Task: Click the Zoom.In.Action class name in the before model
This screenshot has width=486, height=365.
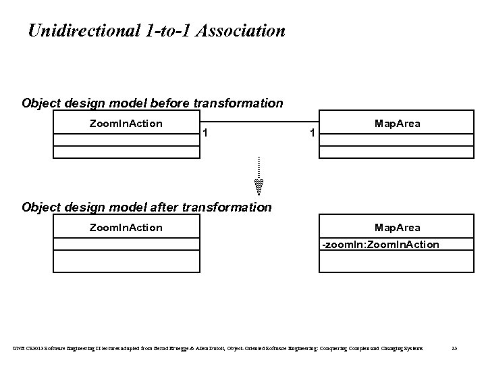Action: click(126, 123)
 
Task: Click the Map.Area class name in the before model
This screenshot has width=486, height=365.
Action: click(397, 123)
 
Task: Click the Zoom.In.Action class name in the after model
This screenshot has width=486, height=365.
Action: click(126, 227)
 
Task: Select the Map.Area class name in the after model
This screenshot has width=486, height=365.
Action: click(397, 227)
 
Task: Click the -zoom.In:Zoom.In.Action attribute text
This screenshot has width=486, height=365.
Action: click(380, 244)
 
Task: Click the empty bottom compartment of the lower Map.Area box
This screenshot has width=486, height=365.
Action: click(397, 262)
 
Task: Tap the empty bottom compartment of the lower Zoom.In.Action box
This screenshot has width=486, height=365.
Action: click(126, 262)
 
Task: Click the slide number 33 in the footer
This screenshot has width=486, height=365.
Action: click(454, 348)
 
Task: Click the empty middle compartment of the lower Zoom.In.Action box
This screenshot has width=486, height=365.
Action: click(126, 244)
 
